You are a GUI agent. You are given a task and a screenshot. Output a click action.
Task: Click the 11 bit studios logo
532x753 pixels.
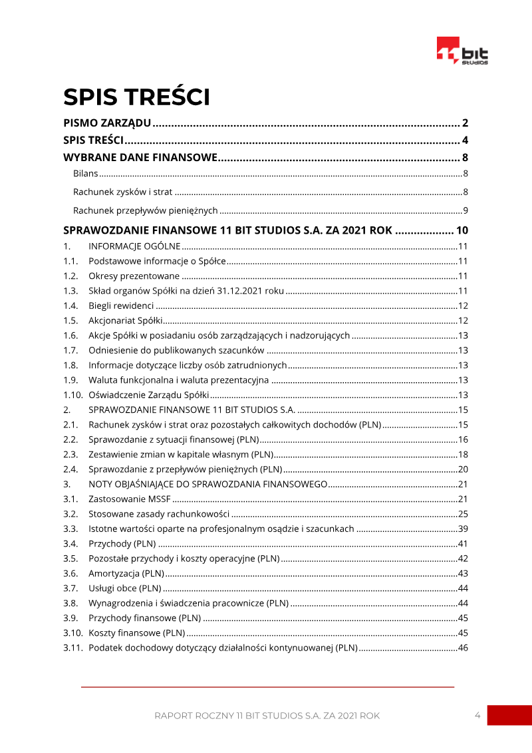[x=462, y=51]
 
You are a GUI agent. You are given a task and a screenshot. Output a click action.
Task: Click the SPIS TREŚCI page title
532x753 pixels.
[x=136, y=97]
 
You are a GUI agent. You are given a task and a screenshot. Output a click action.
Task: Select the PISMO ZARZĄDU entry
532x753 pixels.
[x=107, y=123]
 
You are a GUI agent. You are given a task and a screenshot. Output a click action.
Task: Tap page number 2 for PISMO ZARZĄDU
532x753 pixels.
[x=465, y=123]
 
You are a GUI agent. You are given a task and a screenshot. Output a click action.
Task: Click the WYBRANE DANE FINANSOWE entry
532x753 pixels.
[x=140, y=158]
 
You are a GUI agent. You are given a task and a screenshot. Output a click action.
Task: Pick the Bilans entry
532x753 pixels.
[x=86, y=174]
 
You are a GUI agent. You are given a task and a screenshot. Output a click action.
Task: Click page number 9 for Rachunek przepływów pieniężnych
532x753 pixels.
[x=466, y=211]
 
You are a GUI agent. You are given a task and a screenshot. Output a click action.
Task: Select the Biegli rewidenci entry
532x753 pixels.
[x=121, y=306]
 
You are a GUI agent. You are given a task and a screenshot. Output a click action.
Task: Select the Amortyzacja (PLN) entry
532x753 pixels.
[x=126, y=573]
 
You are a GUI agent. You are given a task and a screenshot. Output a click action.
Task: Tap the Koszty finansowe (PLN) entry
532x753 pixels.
[x=136, y=632]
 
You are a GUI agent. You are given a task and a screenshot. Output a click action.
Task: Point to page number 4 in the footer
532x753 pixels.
[x=477, y=715]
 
